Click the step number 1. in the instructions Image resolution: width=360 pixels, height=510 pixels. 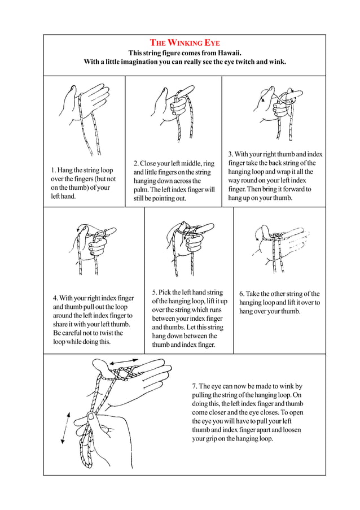click(54, 169)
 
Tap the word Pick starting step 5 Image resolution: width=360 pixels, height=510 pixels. click(169, 292)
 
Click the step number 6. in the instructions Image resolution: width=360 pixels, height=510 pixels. click(242, 294)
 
